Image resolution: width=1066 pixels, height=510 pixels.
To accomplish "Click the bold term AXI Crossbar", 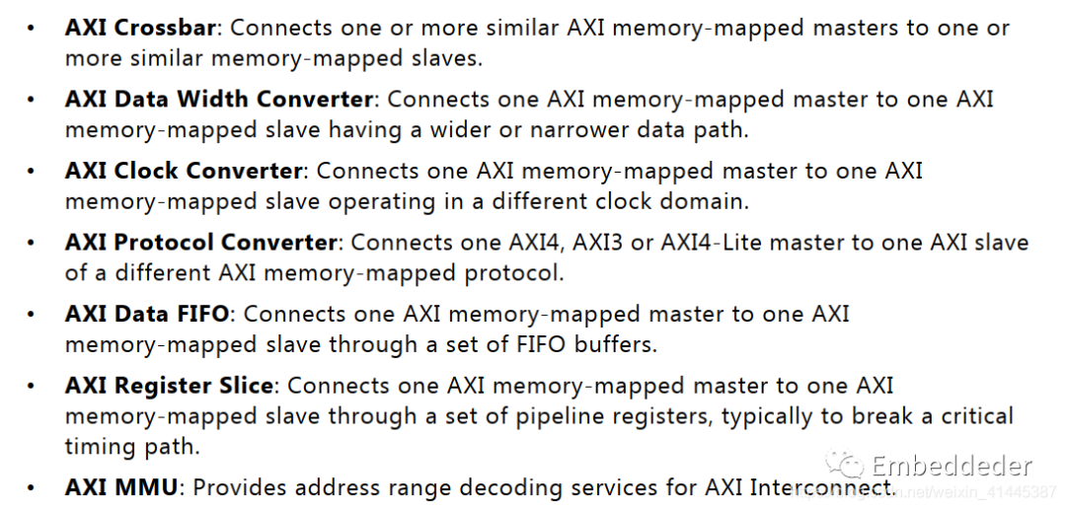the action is coord(140,28).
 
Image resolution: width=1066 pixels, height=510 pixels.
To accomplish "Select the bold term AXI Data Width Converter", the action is coord(219,100).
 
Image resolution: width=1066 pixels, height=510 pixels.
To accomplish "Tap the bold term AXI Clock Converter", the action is coord(184,171).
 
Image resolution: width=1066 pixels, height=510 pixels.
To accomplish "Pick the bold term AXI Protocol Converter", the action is coord(200,243).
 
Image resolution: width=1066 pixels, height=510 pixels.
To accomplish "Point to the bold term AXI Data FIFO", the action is coord(147,314).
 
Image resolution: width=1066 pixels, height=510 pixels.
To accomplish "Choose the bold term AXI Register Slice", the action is coord(170,386).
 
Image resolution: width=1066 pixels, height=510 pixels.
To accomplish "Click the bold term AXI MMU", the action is coord(121,487).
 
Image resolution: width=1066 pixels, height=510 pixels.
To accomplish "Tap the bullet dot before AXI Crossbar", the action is coord(31,30).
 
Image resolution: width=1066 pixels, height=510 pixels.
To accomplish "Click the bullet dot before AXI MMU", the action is coord(31,488).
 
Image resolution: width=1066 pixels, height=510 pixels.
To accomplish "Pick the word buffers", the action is coord(615,344).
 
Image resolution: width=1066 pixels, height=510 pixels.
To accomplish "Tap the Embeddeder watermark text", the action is coord(952,466).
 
